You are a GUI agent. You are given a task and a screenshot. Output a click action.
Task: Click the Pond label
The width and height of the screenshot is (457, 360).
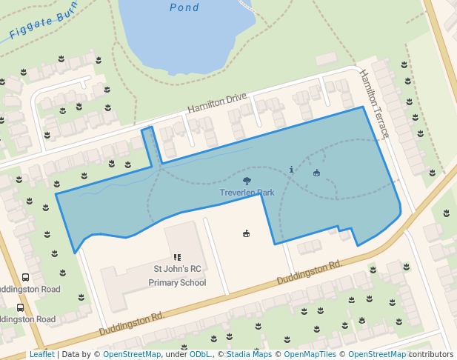point(184,7)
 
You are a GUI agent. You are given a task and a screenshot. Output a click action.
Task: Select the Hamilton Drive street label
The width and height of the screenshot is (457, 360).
point(216,103)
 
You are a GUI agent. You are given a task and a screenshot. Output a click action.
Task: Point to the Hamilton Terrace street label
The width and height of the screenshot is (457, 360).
point(374,103)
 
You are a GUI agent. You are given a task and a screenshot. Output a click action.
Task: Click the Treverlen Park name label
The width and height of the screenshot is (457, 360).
point(247,193)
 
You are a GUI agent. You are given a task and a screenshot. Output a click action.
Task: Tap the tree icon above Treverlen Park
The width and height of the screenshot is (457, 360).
point(247,180)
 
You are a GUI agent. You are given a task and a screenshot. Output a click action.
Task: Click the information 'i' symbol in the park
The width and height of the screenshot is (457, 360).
point(291,170)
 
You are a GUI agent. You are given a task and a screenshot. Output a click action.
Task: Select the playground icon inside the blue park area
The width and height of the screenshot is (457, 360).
point(317,173)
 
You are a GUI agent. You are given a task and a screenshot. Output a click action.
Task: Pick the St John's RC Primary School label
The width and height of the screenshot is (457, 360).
point(178,275)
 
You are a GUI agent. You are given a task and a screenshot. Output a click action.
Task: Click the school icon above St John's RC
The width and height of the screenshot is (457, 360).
point(178,257)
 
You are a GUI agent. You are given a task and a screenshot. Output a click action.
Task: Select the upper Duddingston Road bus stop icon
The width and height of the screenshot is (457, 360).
point(26,276)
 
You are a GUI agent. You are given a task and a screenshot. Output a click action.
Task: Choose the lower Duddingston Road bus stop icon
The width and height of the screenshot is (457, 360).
point(20,307)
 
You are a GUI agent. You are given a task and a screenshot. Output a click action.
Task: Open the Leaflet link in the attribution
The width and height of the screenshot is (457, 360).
point(41,355)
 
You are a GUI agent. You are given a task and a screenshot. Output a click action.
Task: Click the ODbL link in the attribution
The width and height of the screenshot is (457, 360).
point(200,355)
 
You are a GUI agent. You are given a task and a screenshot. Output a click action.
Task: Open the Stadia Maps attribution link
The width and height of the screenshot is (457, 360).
point(249,355)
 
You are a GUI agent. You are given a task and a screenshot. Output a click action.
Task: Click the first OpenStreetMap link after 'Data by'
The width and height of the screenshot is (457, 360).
point(132,355)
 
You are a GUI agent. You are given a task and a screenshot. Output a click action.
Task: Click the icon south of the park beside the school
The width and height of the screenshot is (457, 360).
point(246,234)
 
